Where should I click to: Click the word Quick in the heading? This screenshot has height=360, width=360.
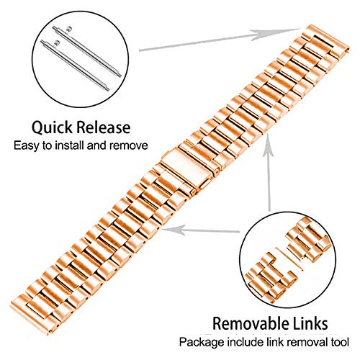[52, 127]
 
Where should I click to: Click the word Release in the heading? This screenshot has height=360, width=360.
[104, 127]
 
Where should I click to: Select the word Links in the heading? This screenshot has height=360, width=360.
[310, 323]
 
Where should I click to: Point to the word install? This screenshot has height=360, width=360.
[70, 145]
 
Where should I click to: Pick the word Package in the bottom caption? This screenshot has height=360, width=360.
[202, 342]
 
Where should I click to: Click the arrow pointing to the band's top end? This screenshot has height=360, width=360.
[219, 40]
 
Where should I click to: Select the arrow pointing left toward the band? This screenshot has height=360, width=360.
[201, 231]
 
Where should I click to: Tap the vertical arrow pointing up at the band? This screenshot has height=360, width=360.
[269, 174]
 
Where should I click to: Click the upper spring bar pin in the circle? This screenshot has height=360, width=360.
[86, 51]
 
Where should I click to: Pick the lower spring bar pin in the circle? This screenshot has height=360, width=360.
[75, 66]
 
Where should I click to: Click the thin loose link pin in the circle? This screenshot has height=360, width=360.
[289, 259]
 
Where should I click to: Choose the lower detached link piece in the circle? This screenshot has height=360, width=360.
[270, 276]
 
